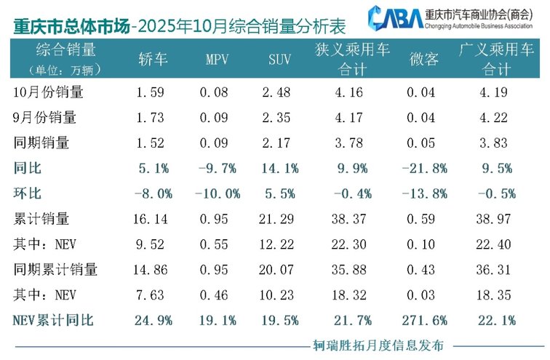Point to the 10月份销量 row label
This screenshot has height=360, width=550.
(x=49, y=93)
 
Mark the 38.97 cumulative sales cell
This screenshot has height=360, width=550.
(x=498, y=218)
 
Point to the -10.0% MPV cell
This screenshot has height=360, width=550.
(x=218, y=193)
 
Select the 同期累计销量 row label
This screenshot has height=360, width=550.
(x=56, y=269)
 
